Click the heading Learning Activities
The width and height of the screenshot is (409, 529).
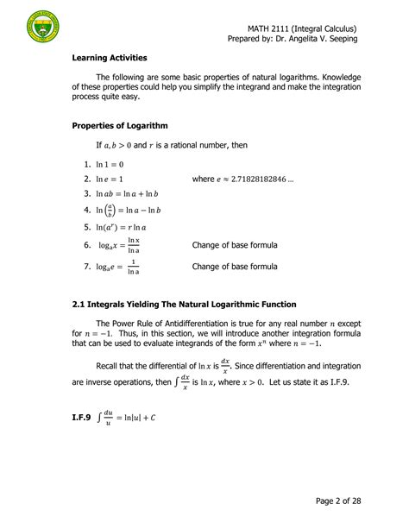coord(110,58)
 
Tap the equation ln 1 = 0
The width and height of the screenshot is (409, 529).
coord(110,164)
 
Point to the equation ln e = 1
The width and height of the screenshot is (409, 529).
coord(110,179)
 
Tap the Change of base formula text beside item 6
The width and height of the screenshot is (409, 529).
coord(235,245)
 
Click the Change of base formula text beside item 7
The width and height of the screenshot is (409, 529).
coord(235,267)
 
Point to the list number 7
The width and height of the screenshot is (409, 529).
coord(87,267)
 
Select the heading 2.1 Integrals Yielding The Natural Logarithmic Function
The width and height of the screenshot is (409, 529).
coord(185,305)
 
